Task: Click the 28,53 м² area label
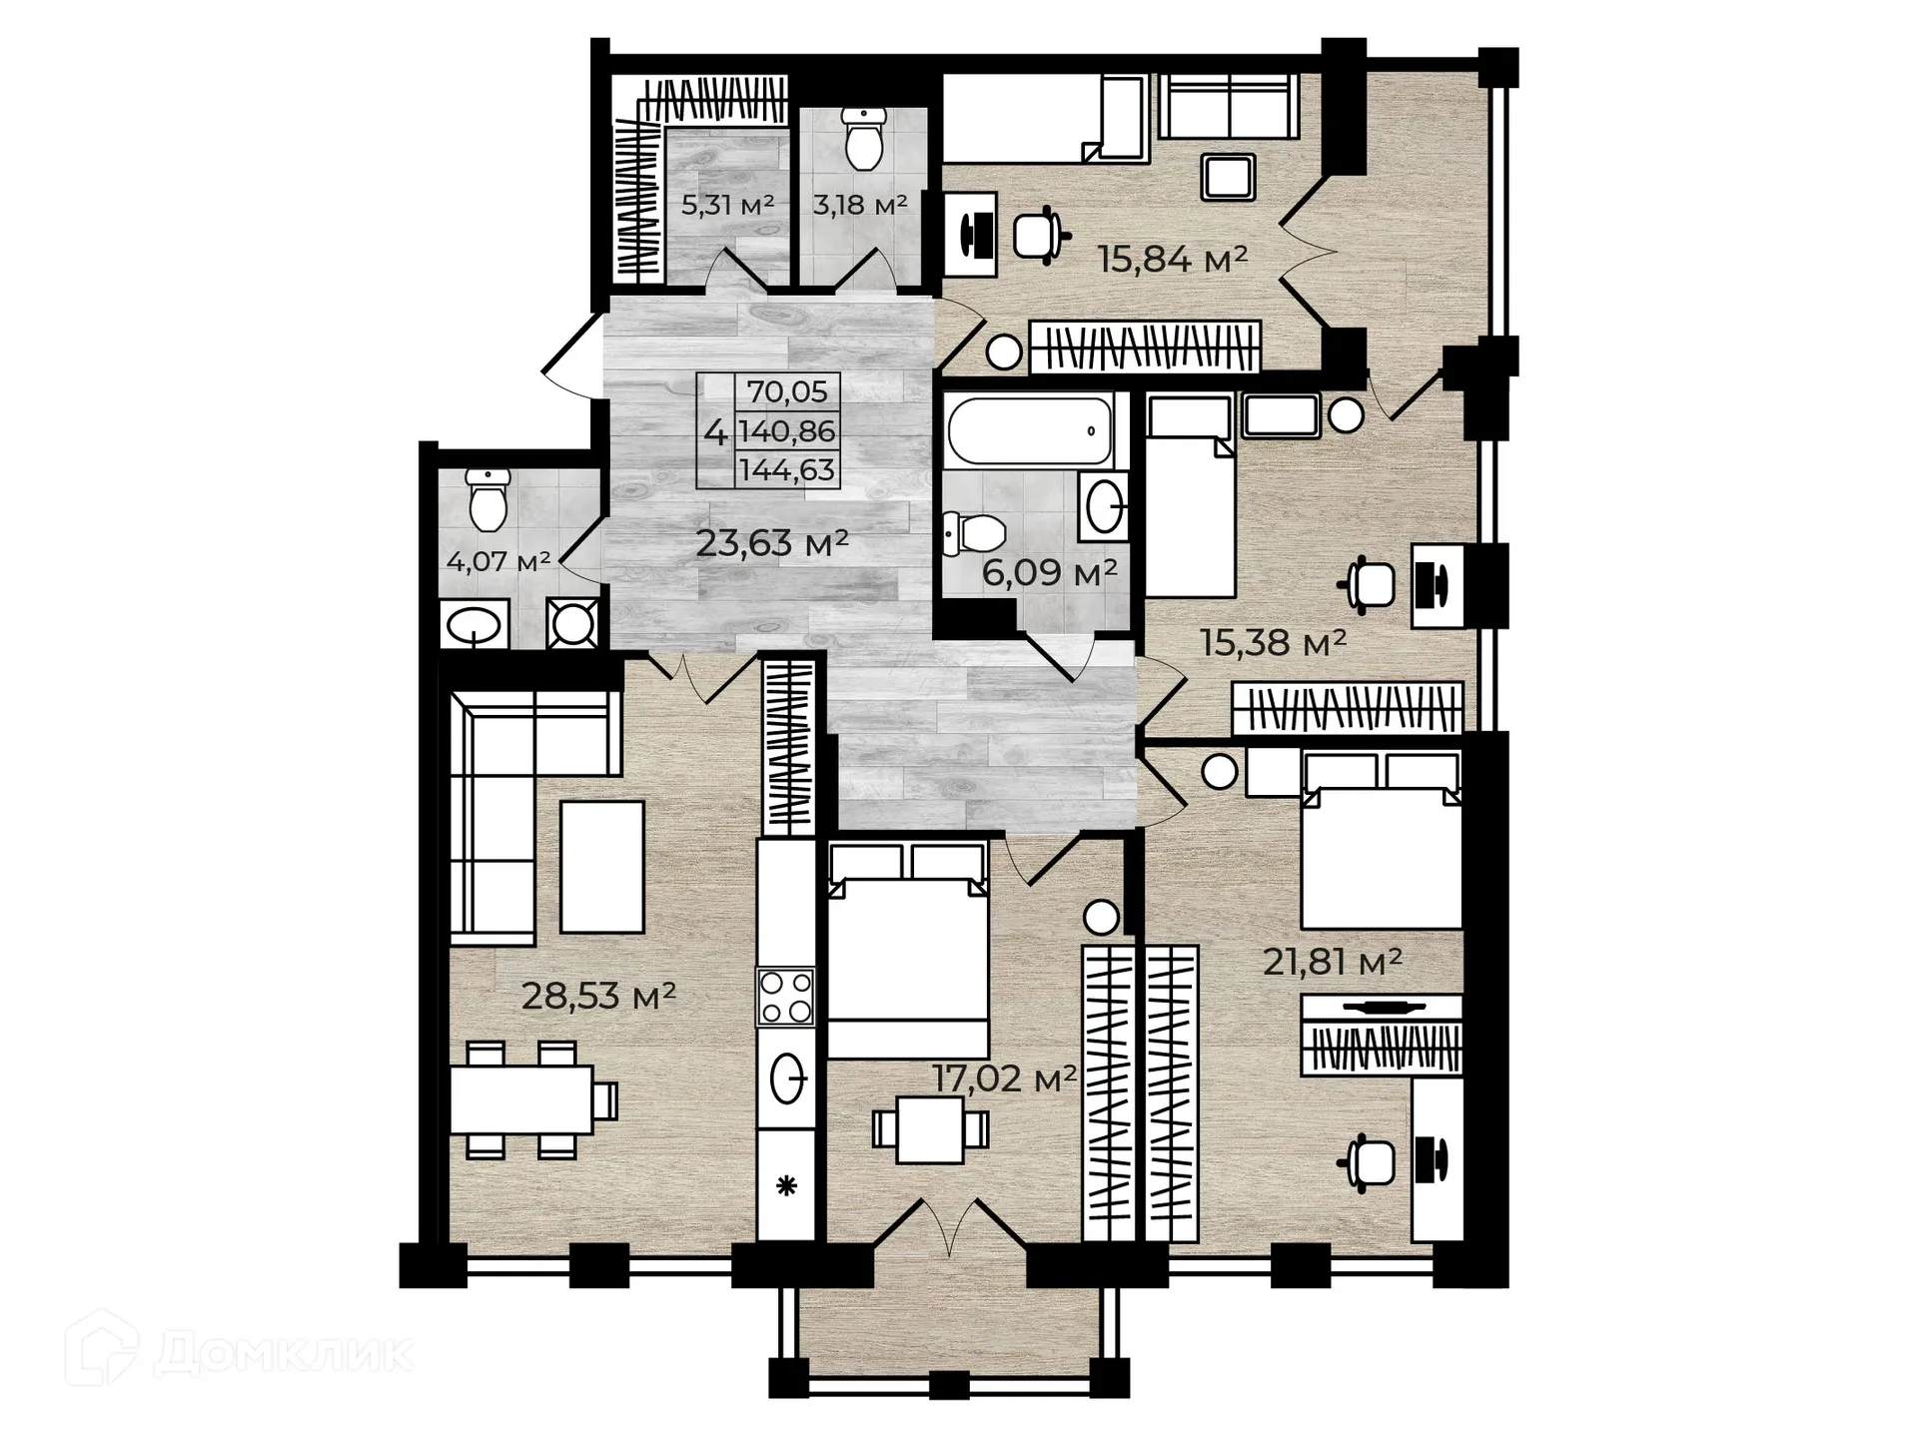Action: (x=598, y=996)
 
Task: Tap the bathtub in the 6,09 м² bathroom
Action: (x=1028, y=430)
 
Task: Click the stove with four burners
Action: (x=786, y=997)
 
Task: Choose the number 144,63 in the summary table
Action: (x=787, y=470)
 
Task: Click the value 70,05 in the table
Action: (x=787, y=392)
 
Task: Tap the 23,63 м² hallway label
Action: (x=771, y=543)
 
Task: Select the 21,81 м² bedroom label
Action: (x=1332, y=962)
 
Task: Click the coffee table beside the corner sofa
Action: (x=601, y=867)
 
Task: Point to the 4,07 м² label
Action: (x=497, y=561)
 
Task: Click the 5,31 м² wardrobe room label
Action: (x=727, y=205)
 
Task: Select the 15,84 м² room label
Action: (x=1173, y=260)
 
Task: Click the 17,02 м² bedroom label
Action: (x=1004, y=1078)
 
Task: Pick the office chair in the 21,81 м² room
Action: (x=1370, y=1161)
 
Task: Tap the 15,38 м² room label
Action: (x=1273, y=642)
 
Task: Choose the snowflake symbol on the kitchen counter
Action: (x=787, y=1186)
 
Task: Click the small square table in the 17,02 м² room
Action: (x=930, y=1129)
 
